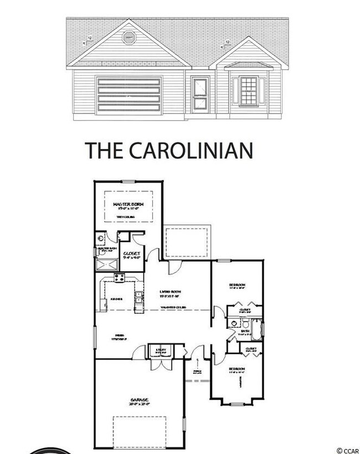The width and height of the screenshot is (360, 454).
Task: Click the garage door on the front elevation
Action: point(128,96)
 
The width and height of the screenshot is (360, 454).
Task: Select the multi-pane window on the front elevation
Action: point(249,91)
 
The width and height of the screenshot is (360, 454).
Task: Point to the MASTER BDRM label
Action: point(128,205)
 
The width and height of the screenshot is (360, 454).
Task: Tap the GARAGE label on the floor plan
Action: point(140,400)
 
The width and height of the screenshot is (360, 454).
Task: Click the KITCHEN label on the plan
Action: point(116,299)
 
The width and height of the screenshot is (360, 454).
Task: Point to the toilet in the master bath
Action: point(101,240)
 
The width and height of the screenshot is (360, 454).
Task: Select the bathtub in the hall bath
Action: point(258,327)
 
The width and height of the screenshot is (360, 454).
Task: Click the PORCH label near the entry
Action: point(196,372)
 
